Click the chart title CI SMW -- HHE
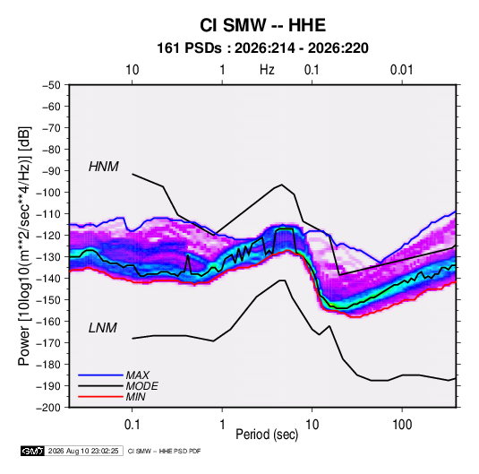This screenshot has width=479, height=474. point(262,25)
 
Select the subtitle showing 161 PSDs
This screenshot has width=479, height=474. point(262,48)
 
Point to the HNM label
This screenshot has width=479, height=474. point(104,167)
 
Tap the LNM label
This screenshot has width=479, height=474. point(103,328)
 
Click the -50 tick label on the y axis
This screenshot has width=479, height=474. point(51,85)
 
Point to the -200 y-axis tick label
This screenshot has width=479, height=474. point(48,408)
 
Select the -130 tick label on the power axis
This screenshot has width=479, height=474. point(48,257)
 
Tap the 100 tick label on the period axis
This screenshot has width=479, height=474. point(402,424)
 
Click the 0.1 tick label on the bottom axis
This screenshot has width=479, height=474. point(132,424)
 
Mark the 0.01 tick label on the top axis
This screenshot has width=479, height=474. point(402,70)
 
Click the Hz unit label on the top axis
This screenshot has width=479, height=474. point(267,70)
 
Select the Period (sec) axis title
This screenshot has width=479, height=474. point(267,435)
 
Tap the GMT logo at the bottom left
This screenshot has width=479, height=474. point(33,451)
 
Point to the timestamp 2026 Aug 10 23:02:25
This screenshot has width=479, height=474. point(83,451)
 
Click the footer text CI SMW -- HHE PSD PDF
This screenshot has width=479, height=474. point(164,451)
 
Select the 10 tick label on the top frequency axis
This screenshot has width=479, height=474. point(133,70)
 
